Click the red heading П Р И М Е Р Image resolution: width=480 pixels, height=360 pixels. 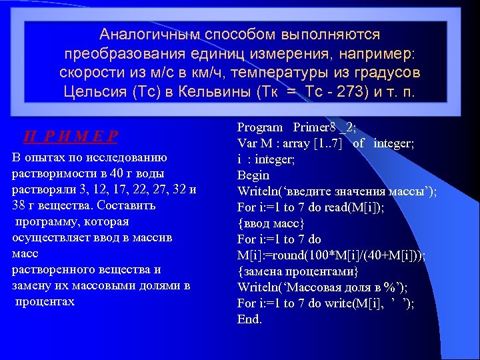point(71,137)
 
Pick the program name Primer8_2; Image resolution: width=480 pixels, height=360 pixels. point(325,127)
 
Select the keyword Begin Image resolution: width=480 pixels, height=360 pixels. point(253,175)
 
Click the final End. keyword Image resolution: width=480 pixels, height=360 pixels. point(250,319)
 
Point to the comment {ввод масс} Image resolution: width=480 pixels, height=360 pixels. point(271,223)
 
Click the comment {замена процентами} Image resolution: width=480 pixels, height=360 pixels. point(298,271)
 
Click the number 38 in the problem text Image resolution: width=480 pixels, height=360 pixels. point(19,205)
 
